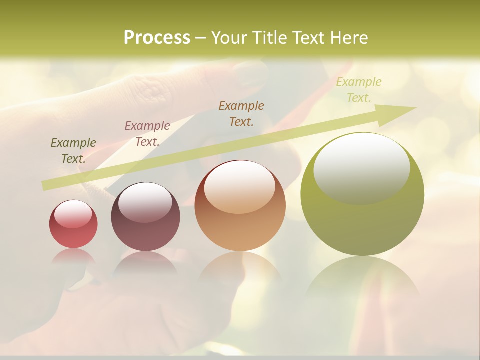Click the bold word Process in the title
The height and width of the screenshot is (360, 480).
click(x=157, y=38)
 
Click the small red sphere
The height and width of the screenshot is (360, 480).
click(x=73, y=224)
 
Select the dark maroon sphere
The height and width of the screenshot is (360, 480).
click(x=145, y=217)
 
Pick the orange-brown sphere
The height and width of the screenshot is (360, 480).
click(x=240, y=206)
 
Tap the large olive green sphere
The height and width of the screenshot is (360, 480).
click(x=362, y=194)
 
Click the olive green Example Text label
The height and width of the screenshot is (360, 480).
click(x=358, y=90)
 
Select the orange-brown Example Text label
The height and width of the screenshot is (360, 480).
click(x=241, y=113)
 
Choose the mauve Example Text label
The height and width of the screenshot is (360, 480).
click(x=147, y=134)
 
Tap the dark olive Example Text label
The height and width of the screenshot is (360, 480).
click(x=73, y=151)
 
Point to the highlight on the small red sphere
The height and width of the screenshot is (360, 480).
click(x=73, y=214)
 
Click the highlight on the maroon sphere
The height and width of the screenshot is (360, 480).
click(x=145, y=201)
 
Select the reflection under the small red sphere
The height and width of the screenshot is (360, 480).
click(x=73, y=257)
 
